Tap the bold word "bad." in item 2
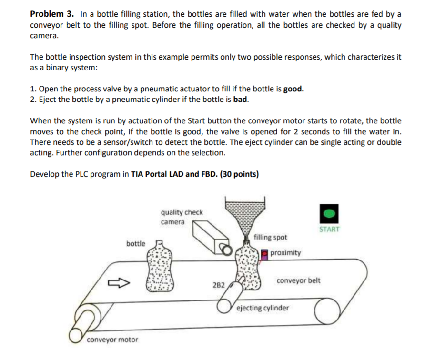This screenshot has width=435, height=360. coord(241,100)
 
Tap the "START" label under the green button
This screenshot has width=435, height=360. coord(330,229)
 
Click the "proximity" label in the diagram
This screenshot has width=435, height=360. coord(285,253)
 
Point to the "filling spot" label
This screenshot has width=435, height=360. coord(271,237)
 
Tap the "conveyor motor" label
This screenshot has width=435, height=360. coord(112,340)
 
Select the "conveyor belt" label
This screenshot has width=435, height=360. coord(298,280)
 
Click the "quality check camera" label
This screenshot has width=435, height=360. coord(182,217)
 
